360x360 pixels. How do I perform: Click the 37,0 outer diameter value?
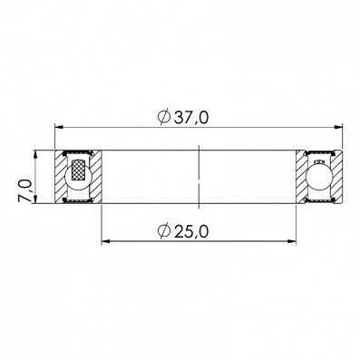pos(191,117)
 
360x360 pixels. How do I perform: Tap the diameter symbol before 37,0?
pos(164,117)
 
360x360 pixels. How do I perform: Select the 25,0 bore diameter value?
pos(191,231)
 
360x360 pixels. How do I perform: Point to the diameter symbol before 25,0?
pos(164,231)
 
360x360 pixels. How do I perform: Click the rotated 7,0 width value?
pos(24,190)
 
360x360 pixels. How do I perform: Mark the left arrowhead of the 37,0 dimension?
pos(59,127)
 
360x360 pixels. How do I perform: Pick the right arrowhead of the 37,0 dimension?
pos(338,127)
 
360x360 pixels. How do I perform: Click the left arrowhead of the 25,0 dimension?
pos(106,241)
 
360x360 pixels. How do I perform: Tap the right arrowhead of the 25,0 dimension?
pos(291,241)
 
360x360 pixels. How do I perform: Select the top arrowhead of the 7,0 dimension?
pos(35,155)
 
